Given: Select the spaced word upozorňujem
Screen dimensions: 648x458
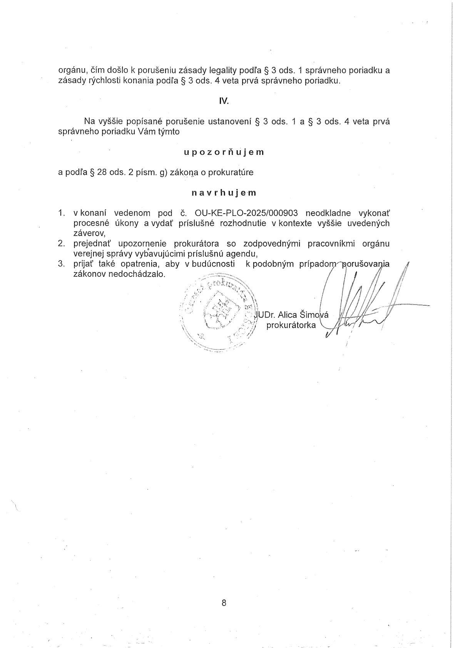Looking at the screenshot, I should point(224,152).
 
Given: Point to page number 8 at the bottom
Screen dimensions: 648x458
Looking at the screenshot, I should point(224,603).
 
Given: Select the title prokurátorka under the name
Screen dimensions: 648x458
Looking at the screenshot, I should point(291,325).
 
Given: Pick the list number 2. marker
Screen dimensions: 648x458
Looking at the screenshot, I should point(61,244).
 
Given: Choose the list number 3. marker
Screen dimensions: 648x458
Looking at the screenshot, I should point(61,264).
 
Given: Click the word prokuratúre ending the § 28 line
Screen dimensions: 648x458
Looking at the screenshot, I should point(231,172).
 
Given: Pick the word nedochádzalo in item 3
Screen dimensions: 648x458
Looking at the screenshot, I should point(139,275).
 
